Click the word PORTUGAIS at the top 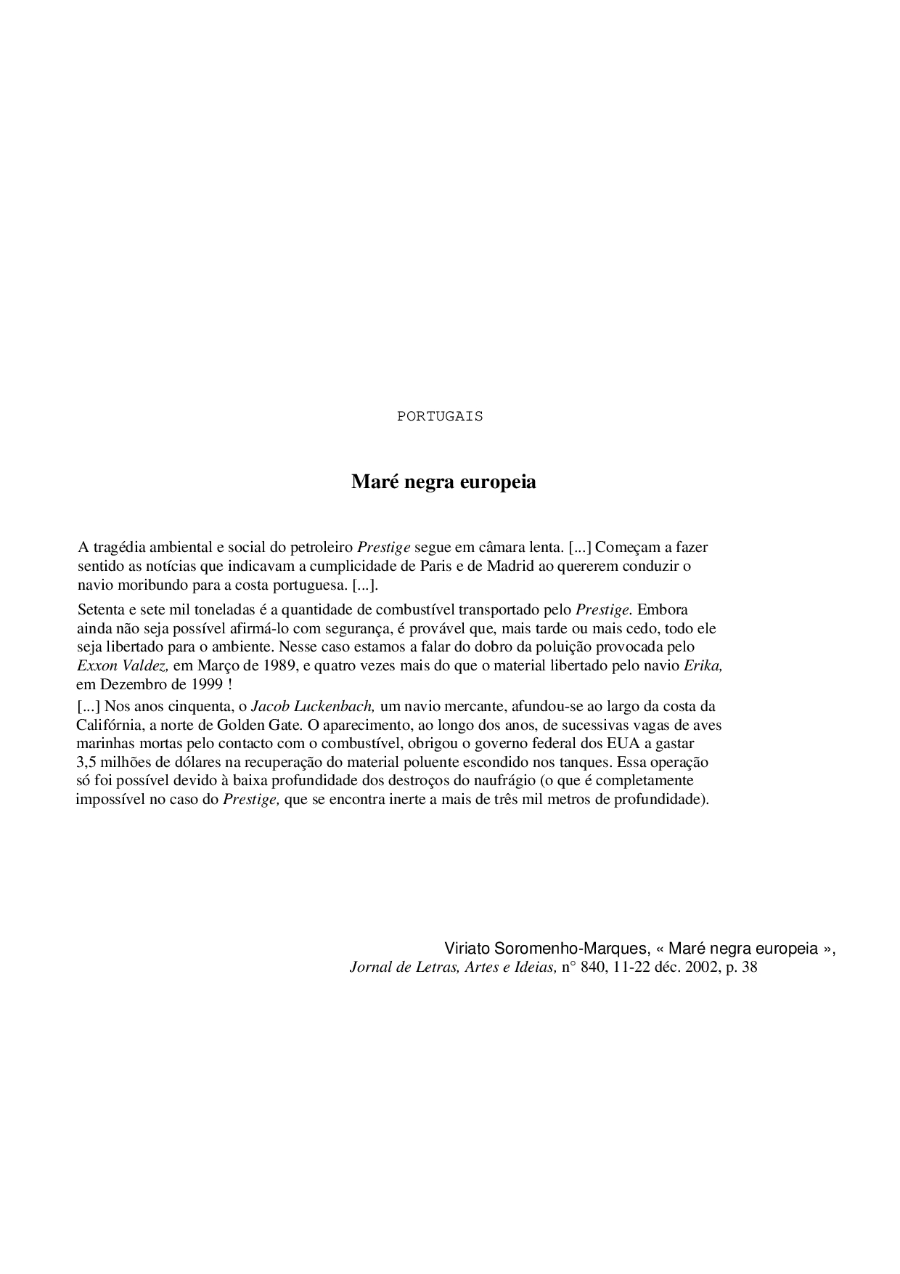click(440, 416)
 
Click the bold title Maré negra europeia click(443, 482)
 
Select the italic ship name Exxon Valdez click(123, 665)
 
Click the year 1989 click(279, 665)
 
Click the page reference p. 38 click(742, 967)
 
